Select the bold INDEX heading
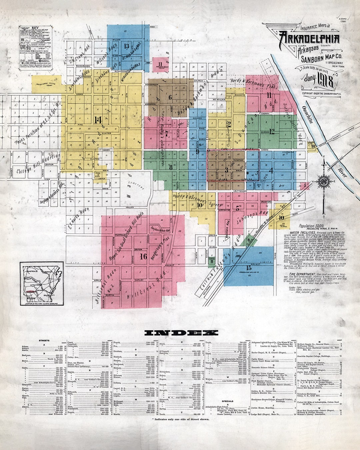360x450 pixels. (181, 332)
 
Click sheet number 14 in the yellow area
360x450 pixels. (98, 120)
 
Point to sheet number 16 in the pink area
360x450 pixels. (143, 256)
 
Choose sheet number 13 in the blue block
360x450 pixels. (126, 46)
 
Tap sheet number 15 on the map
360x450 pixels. (248, 268)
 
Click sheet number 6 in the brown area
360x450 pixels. (170, 97)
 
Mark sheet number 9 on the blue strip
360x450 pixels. (197, 151)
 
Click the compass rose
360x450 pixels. (323, 182)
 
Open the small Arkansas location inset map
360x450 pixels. (41, 283)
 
